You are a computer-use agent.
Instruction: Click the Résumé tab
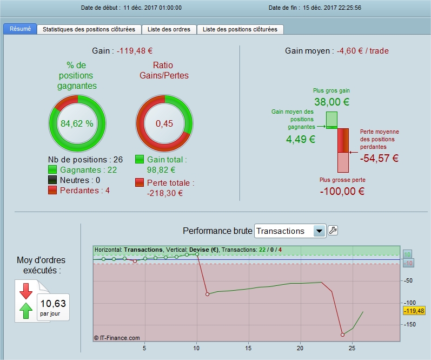pyautogui.click(x=20, y=29)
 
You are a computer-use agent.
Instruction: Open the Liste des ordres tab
pyautogui.click(x=169, y=29)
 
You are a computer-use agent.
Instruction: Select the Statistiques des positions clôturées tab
pyautogui.click(x=89, y=29)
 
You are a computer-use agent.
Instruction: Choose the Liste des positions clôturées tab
pyautogui.click(x=240, y=29)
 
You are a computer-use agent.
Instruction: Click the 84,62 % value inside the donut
pyautogui.click(x=77, y=123)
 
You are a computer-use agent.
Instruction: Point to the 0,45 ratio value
pyautogui.click(x=164, y=123)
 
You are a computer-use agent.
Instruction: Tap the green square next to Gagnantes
pyautogui.click(x=52, y=169)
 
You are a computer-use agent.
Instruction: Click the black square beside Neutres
pyautogui.click(x=52, y=180)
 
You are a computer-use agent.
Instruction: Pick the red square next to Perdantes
pyautogui.click(x=52, y=190)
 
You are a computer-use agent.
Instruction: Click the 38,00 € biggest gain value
pyautogui.click(x=332, y=102)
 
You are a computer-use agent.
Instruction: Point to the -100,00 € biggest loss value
pyautogui.click(x=342, y=191)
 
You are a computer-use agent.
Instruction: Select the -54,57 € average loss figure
pyautogui.click(x=379, y=158)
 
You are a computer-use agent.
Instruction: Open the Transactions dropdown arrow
pyautogui.click(x=319, y=231)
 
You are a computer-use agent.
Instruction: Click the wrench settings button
pyautogui.click(x=333, y=231)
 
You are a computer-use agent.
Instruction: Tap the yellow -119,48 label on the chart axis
pyautogui.click(x=414, y=311)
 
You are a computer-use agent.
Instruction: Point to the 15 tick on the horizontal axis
pyautogui.click(x=248, y=348)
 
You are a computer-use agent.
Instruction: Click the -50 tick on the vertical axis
pyautogui.click(x=408, y=281)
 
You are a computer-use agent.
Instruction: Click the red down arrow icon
pyautogui.click(x=26, y=291)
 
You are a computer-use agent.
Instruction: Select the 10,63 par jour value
pyautogui.click(x=53, y=307)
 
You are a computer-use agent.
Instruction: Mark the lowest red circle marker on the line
pyautogui.click(x=342, y=335)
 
